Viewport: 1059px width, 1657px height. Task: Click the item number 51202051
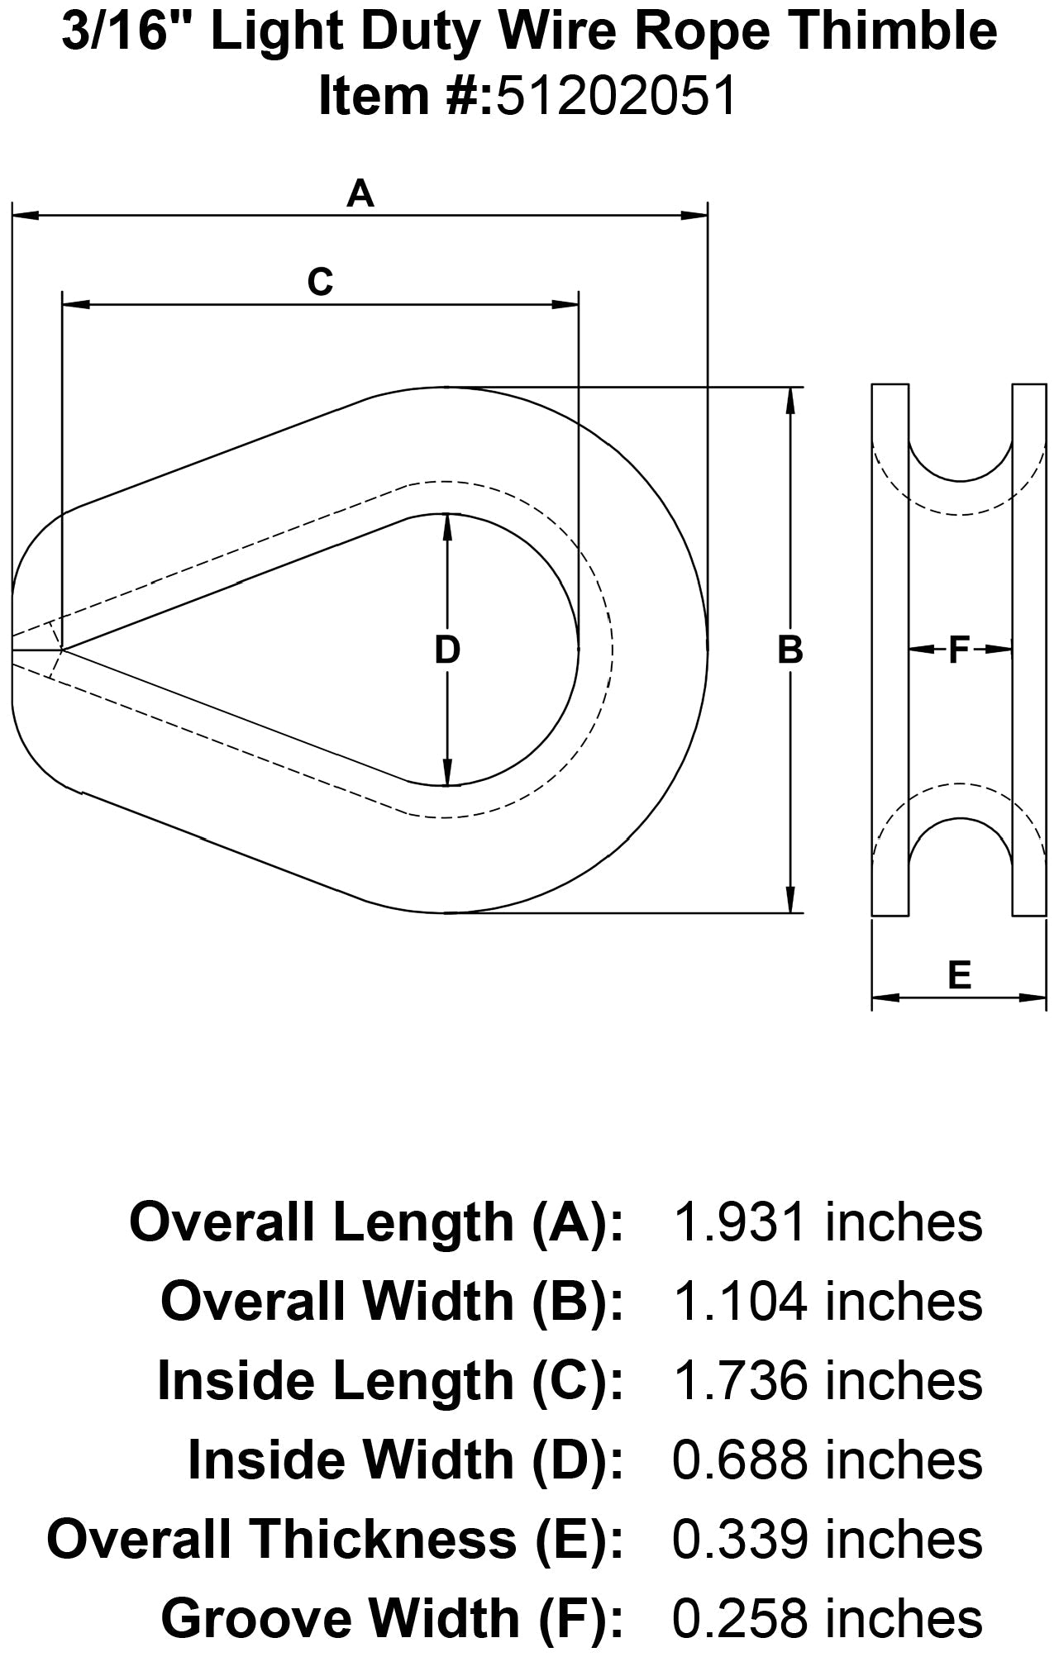tap(615, 96)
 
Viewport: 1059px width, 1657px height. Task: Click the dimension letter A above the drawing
tap(360, 194)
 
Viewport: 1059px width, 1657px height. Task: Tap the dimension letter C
tap(320, 282)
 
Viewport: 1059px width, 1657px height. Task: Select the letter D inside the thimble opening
tap(447, 650)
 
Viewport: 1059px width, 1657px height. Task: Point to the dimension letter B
tap(790, 650)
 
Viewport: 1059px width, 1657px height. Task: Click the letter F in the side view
tap(958, 650)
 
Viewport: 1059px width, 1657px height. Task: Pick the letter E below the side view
tap(959, 976)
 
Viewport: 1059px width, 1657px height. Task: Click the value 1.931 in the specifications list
tap(739, 1223)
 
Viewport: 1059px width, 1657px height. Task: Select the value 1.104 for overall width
tap(739, 1302)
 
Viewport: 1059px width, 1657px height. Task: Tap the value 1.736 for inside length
tap(739, 1381)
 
